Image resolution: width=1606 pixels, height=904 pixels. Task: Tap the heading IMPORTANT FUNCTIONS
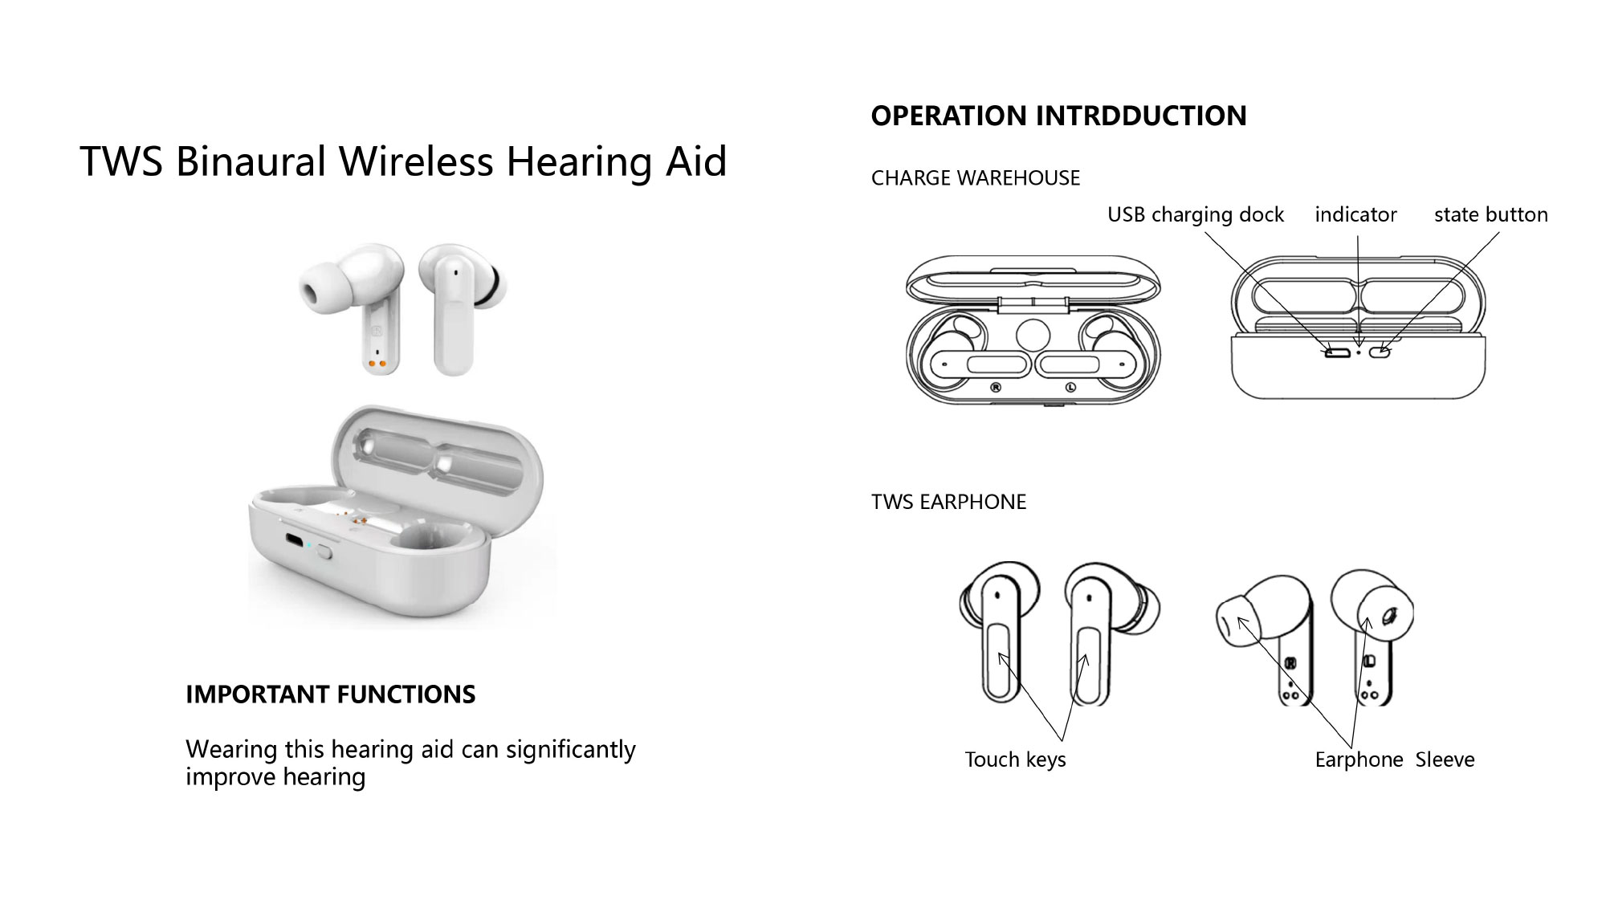(x=331, y=694)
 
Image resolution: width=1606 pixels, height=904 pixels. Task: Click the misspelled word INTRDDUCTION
(x=1141, y=116)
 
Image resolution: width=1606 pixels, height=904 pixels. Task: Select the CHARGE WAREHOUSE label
(x=976, y=178)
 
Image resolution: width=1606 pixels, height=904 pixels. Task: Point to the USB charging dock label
(x=1196, y=215)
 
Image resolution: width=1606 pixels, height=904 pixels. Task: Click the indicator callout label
(x=1355, y=214)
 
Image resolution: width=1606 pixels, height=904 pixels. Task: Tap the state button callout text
(x=1491, y=214)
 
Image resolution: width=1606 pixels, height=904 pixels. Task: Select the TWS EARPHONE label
(x=948, y=503)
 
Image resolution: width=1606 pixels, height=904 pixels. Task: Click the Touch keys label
(x=1015, y=759)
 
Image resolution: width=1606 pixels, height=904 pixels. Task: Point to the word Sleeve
(x=1445, y=759)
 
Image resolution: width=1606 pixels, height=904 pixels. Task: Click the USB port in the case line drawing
(x=1338, y=351)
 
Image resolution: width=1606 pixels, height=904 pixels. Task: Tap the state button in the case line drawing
(x=1380, y=351)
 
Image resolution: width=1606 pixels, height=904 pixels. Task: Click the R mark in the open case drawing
(x=996, y=387)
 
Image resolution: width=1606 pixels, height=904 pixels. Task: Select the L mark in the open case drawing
(x=1070, y=387)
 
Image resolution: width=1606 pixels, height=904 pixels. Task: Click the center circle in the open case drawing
(x=1033, y=336)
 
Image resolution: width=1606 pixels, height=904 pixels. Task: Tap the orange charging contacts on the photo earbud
(x=377, y=364)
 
